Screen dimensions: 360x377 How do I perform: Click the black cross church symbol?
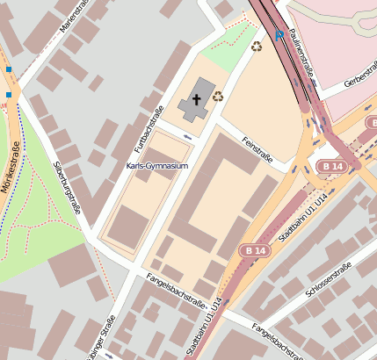pyautogui.click(x=196, y=100)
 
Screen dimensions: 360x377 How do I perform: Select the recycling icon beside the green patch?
pyautogui.click(x=257, y=47)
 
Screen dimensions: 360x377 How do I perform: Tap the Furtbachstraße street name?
pyautogui.click(x=149, y=131)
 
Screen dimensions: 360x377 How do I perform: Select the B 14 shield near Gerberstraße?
pyautogui.click(x=331, y=166)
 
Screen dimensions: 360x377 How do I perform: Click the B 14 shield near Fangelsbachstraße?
pyautogui.click(x=255, y=251)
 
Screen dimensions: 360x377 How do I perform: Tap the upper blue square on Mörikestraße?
pyautogui.click(x=9, y=68)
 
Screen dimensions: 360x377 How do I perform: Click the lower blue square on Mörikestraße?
pyautogui.click(x=9, y=94)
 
